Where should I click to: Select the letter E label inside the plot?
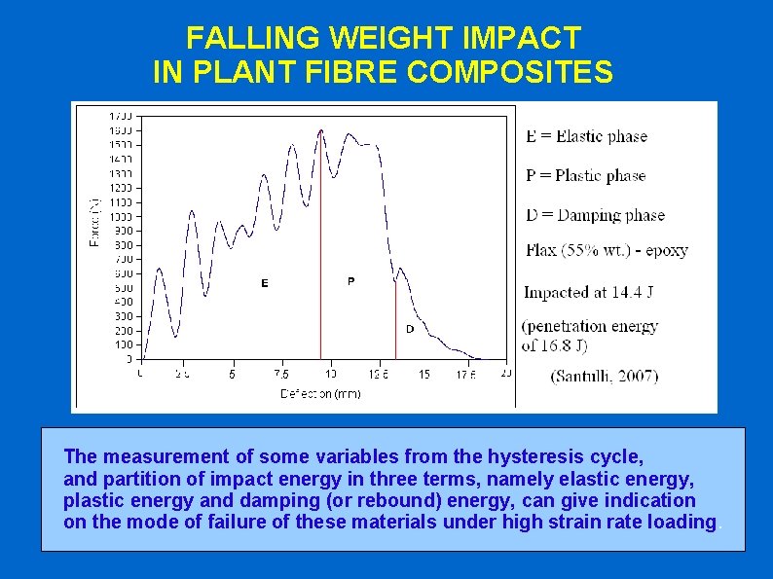[x=264, y=283]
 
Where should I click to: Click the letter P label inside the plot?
[x=350, y=281]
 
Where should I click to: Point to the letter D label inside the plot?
[x=410, y=329]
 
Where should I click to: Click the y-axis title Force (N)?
[x=94, y=223]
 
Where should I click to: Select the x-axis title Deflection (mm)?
[x=320, y=394]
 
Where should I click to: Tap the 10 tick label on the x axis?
[x=330, y=374]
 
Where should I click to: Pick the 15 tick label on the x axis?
[x=423, y=374]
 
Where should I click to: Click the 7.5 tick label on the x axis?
[x=281, y=374]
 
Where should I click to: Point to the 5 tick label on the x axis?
[x=232, y=374]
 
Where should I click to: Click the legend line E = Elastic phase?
[x=586, y=136]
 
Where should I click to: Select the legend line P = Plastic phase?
[x=585, y=176]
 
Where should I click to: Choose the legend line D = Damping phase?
[x=595, y=215]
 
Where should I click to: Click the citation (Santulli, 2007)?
[x=604, y=377]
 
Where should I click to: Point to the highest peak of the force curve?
[x=321, y=129]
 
